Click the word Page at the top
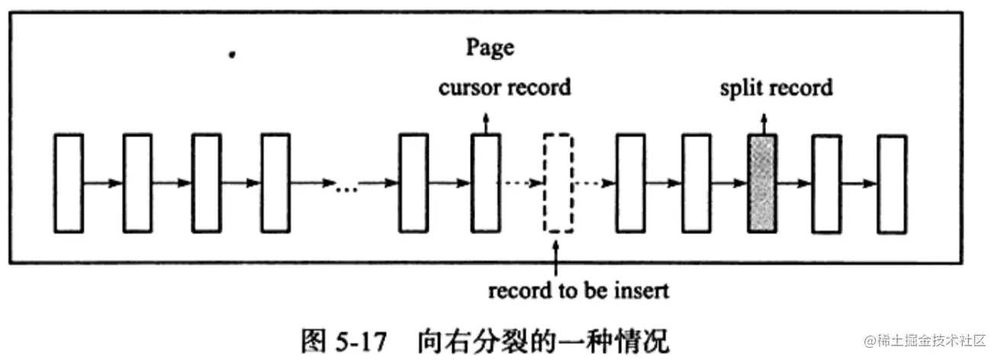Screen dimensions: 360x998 point(491,48)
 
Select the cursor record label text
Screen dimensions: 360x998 point(504,88)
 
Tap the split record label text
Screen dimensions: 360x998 point(776,88)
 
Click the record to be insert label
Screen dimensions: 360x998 point(578,291)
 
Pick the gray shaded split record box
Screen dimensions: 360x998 point(762,183)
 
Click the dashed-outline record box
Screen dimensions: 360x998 point(557,183)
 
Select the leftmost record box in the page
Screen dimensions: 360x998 point(69,183)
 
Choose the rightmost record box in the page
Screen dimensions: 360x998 point(891,183)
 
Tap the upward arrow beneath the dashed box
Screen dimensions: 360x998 point(557,256)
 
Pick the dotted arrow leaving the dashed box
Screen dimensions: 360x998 point(594,183)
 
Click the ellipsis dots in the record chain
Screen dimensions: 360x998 point(347,188)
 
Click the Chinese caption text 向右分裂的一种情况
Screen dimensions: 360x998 point(543,340)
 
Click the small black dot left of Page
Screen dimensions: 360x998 point(231,55)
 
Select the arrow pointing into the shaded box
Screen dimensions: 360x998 point(729,183)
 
